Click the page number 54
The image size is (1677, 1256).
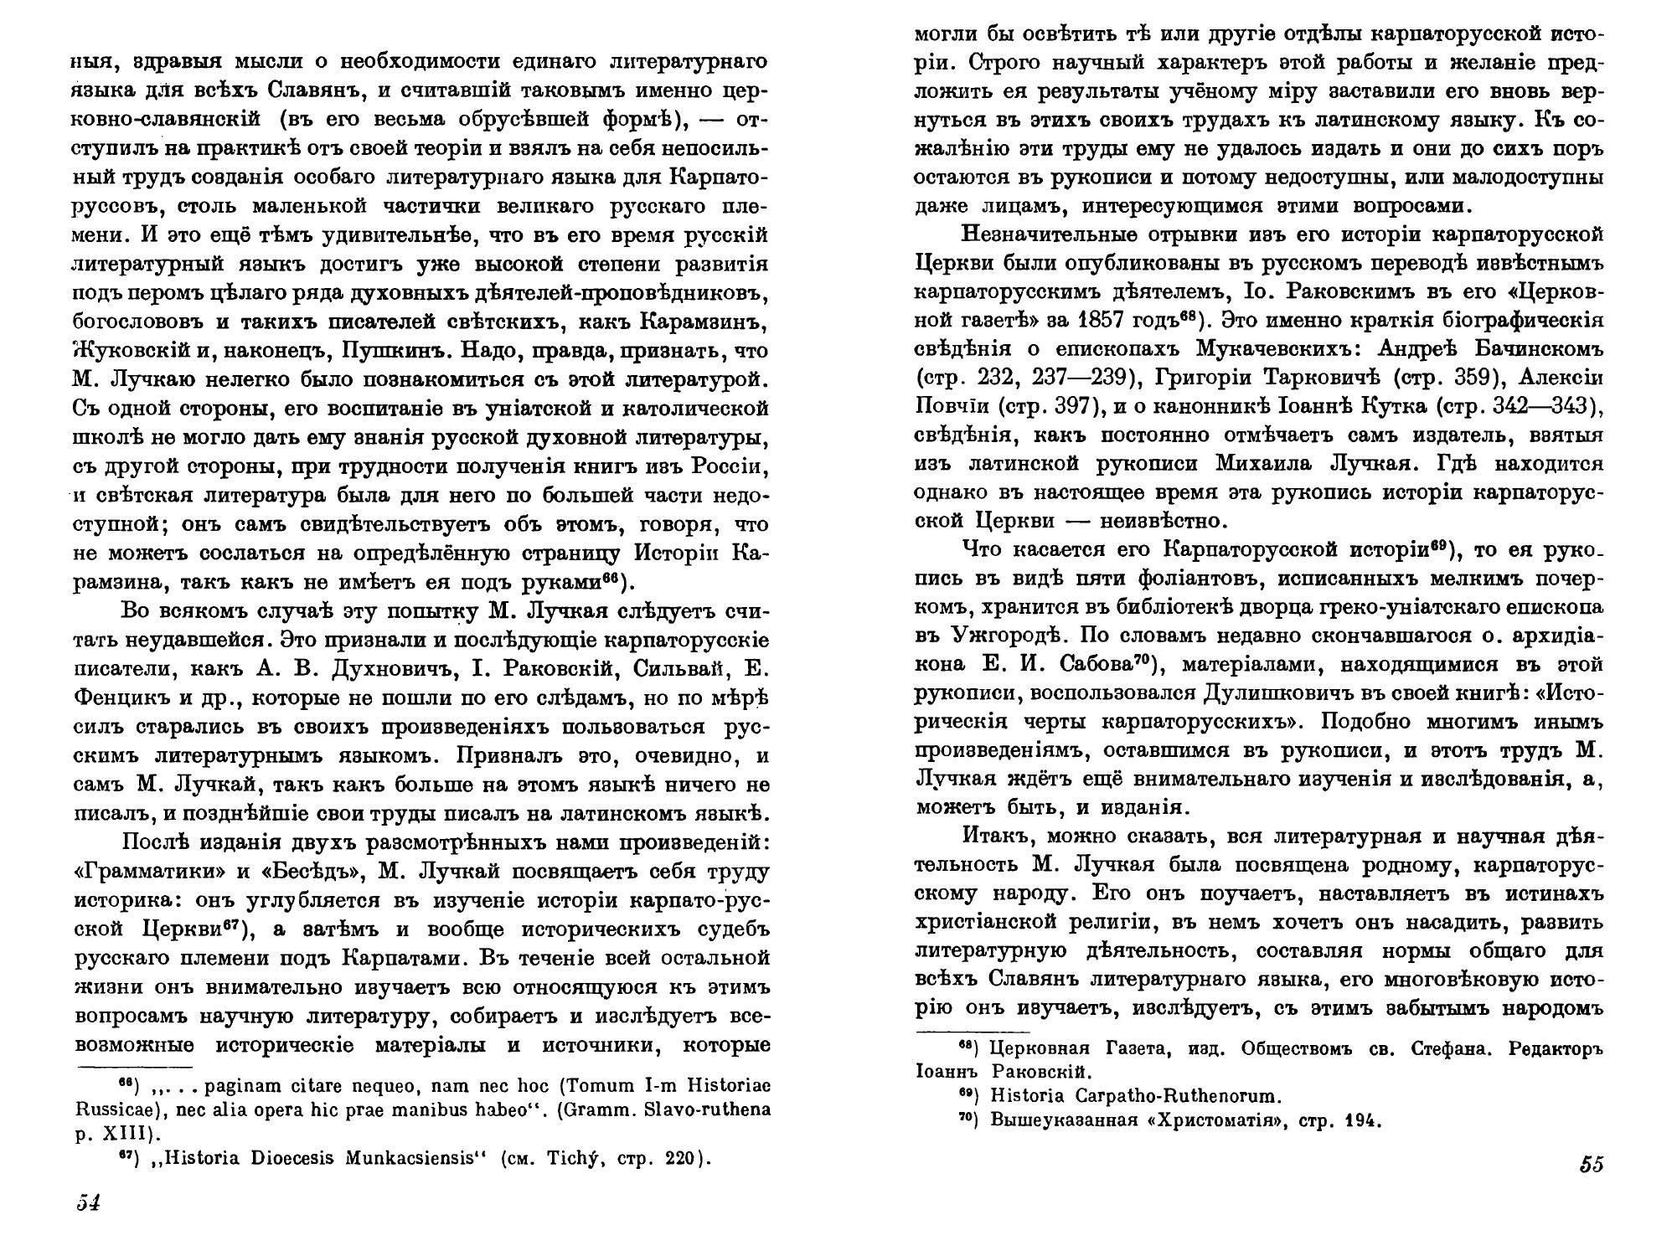tap(89, 1204)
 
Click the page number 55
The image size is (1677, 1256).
tap(1591, 1165)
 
